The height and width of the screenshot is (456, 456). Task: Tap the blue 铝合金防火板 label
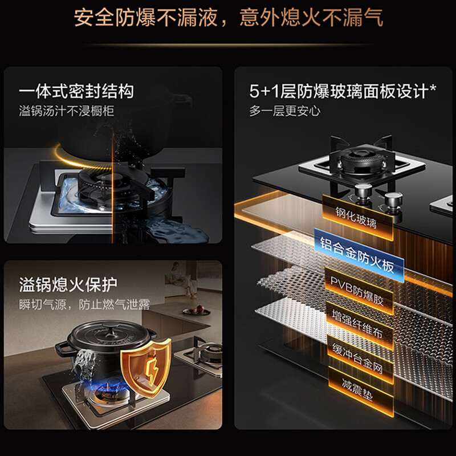pyautogui.click(x=359, y=255)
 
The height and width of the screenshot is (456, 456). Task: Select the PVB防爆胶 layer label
pyautogui.click(x=359, y=291)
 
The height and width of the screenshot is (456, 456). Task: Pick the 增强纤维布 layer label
pyautogui.click(x=360, y=325)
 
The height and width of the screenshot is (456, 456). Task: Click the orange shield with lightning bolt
pyautogui.click(x=146, y=368)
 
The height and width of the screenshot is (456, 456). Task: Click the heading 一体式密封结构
pyautogui.click(x=76, y=91)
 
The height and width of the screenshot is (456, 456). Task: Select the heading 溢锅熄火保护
pyautogui.click(x=68, y=284)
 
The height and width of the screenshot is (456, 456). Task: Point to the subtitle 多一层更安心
pyautogui.click(x=284, y=111)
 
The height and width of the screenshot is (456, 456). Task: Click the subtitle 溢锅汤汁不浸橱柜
pyautogui.click(x=67, y=111)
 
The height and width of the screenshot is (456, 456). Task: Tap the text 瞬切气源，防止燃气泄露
pyautogui.click(x=84, y=304)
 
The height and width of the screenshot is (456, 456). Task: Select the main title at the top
pyautogui.click(x=229, y=18)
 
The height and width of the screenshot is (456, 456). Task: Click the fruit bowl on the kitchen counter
pyautogui.click(x=196, y=310)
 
